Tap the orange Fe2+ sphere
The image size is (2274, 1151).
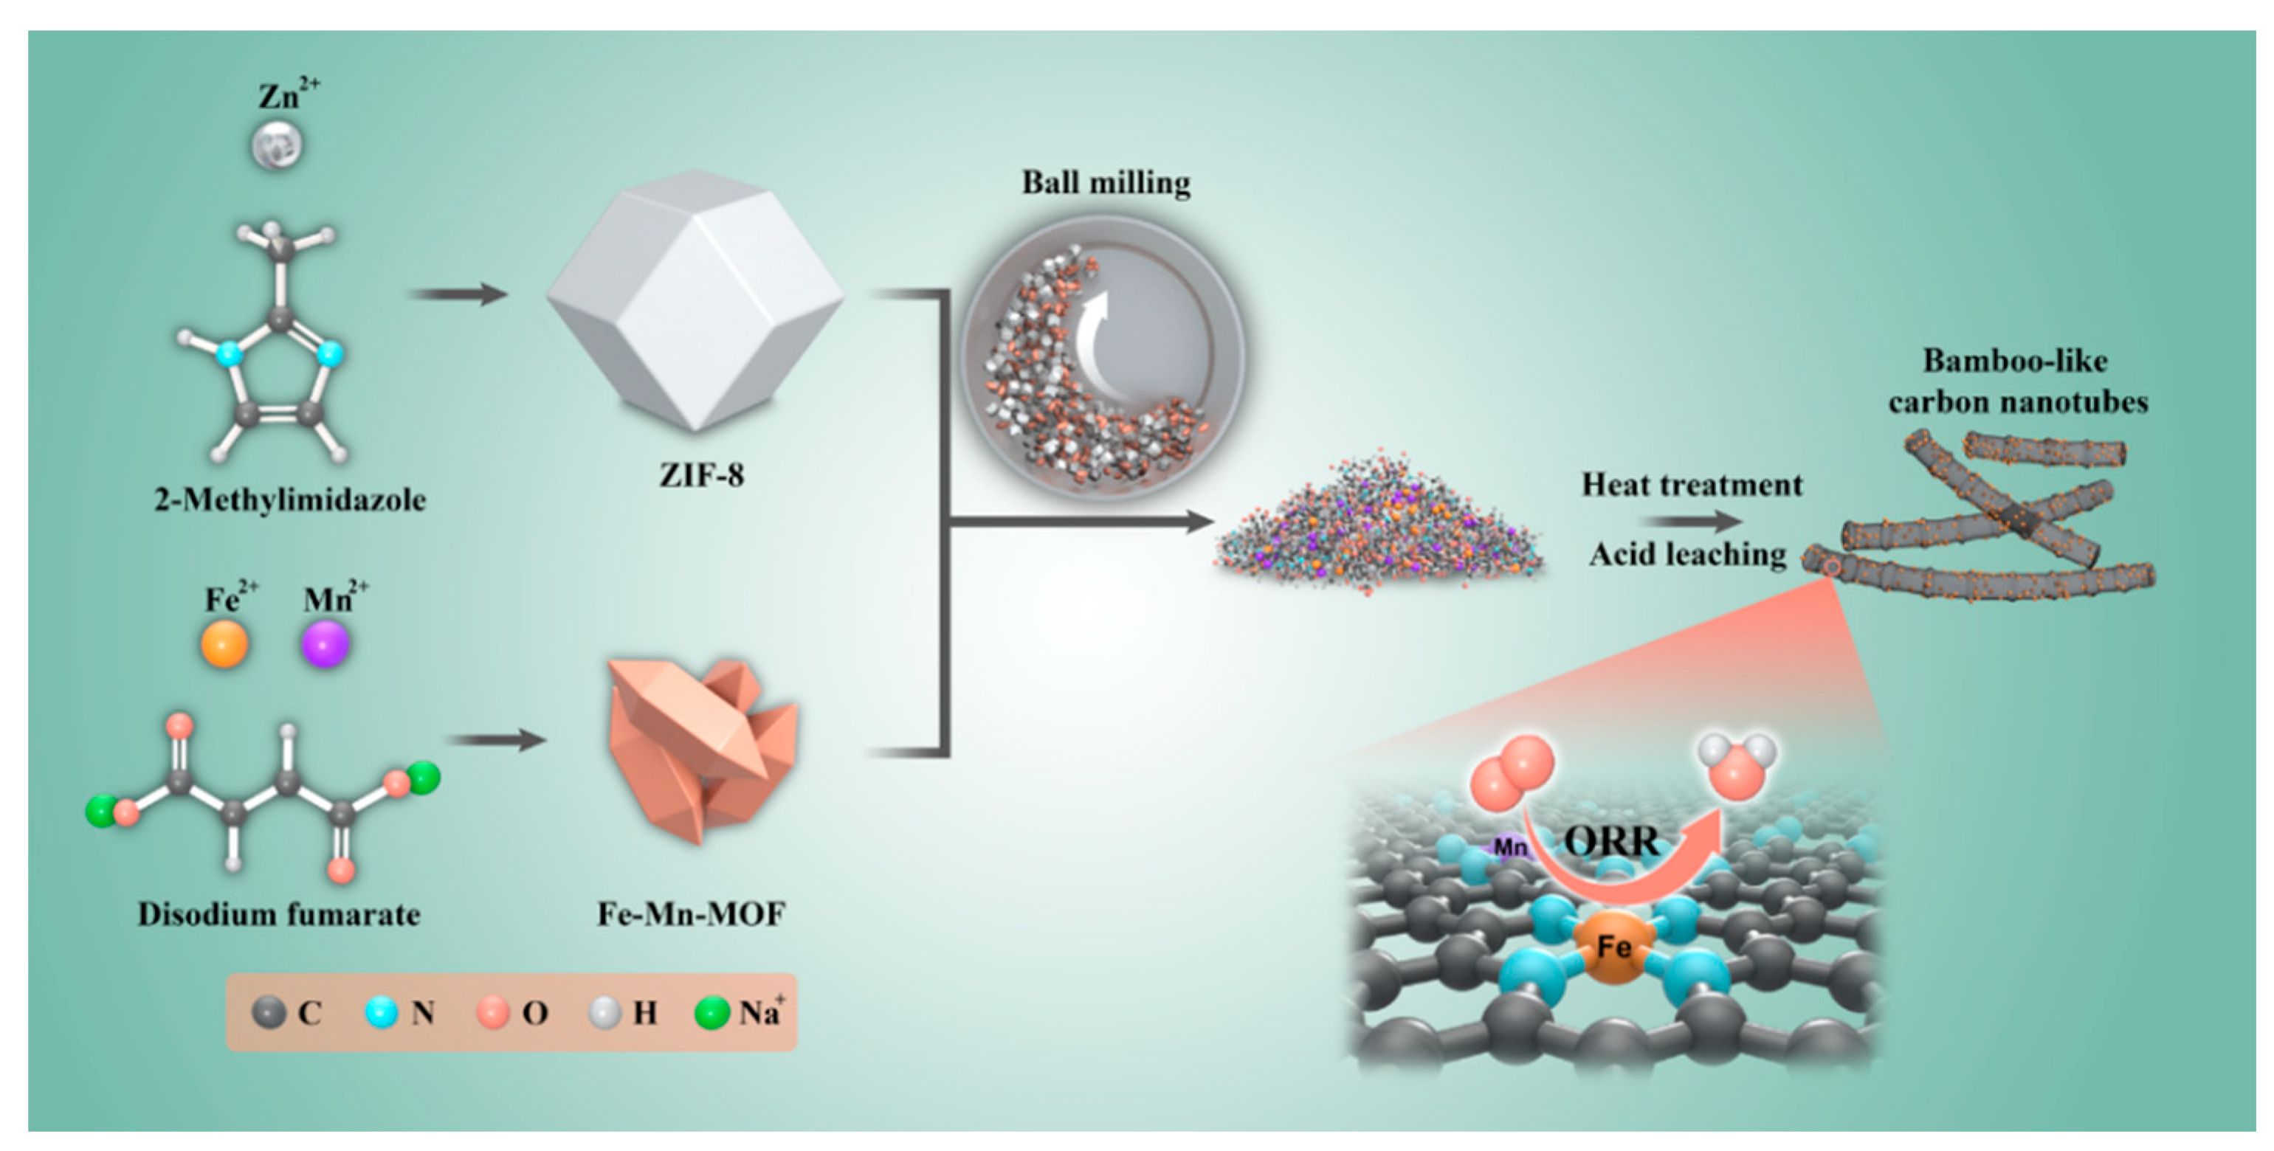pyautogui.click(x=224, y=643)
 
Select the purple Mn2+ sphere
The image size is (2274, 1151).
pyautogui.click(x=325, y=643)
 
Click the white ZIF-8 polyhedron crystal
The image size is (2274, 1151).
pyautogui.click(x=695, y=300)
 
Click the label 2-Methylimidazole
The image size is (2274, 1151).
pyautogui.click(x=289, y=500)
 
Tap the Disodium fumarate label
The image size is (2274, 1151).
pyautogui.click(x=279, y=913)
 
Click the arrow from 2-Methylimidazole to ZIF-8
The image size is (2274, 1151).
pyautogui.click(x=459, y=293)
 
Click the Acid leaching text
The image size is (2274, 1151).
pyautogui.click(x=1687, y=554)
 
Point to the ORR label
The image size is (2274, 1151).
pyautogui.click(x=1612, y=840)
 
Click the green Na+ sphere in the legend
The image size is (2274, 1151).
pyautogui.click(x=712, y=1012)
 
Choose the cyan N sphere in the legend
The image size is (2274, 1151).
pyautogui.click(x=382, y=1012)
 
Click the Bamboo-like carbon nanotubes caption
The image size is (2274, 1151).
pyautogui.click(x=2017, y=381)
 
